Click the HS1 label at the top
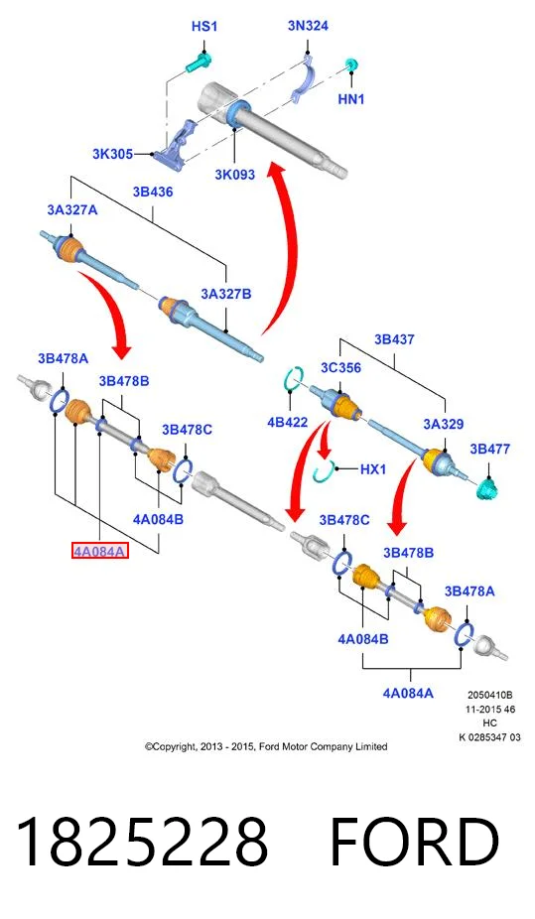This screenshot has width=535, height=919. pyautogui.click(x=203, y=27)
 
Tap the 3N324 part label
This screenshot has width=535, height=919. pyautogui.click(x=308, y=26)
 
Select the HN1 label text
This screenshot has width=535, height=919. pyautogui.click(x=351, y=99)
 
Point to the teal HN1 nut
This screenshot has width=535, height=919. pyautogui.click(x=350, y=65)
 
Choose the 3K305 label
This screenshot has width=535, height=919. pyautogui.click(x=112, y=154)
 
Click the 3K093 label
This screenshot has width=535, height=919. pyautogui.click(x=234, y=174)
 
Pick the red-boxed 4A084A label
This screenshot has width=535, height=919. pyautogui.click(x=100, y=551)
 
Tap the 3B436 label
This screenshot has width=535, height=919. pyautogui.click(x=152, y=192)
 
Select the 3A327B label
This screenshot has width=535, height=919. pyautogui.click(x=225, y=294)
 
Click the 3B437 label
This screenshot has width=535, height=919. pyautogui.click(x=394, y=339)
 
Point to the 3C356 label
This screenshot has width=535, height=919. pyautogui.click(x=340, y=368)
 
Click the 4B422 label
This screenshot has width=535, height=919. pyautogui.click(x=287, y=422)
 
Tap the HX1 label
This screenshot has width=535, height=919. pyautogui.click(x=372, y=468)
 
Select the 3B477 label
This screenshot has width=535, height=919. pyautogui.click(x=490, y=449)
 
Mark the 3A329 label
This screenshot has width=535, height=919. pyautogui.click(x=443, y=424)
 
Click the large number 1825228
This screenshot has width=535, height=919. pyautogui.click(x=141, y=843)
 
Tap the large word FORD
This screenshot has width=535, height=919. pyautogui.click(x=415, y=843)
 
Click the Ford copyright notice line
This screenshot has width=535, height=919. pyautogui.click(x=266, y=746)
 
